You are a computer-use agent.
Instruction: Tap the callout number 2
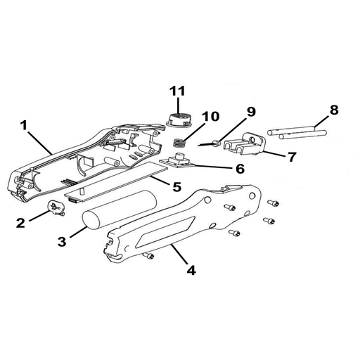coord(20,223)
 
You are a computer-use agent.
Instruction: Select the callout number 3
coord(62,242)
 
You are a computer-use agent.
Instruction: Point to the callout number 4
coord(191,270)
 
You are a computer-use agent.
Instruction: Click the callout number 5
coord(176,186)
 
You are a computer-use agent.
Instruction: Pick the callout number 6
coord(240,169)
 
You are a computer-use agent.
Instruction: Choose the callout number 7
coord(292,157)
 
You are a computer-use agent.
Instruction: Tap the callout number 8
coord(334,110)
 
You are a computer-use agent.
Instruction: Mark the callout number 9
coord(251,112)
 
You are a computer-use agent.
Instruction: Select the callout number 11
coord(178,91)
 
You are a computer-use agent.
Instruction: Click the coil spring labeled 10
coord(180,143)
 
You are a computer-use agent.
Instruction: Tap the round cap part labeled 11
coord(179,120)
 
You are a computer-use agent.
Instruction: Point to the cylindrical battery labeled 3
coord(119,210)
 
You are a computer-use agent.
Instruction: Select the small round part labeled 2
coord(56,207)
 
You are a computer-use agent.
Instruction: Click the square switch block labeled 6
coord(178,161)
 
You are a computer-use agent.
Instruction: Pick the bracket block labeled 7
coord(245,144)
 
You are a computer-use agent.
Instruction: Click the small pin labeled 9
coord(210,143)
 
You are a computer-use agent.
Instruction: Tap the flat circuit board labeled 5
coord(116,182)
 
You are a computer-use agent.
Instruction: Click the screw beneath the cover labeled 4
coord(148,255)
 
